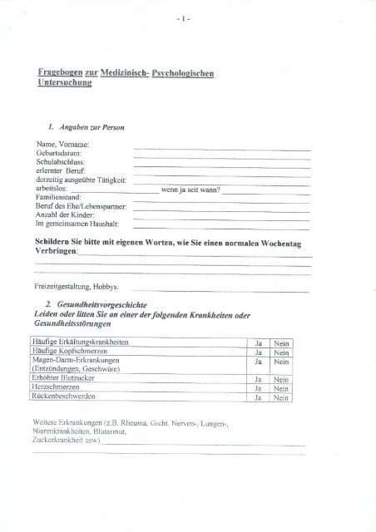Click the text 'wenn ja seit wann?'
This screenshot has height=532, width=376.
pos(191,189)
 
